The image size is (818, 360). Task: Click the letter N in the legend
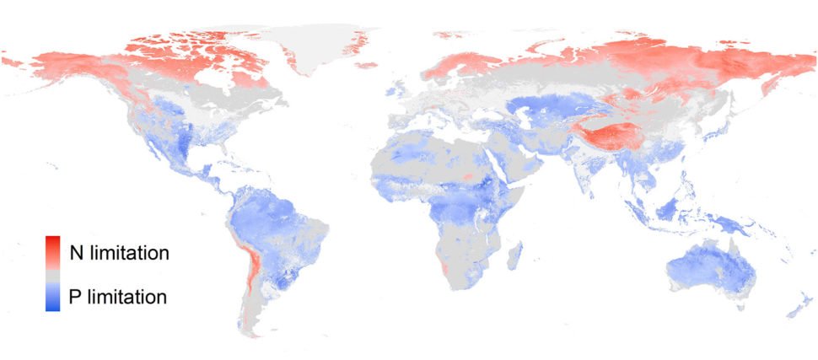click(76, 253)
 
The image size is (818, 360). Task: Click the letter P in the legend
click(75, 297)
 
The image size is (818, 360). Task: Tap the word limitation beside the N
click(130, 253)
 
